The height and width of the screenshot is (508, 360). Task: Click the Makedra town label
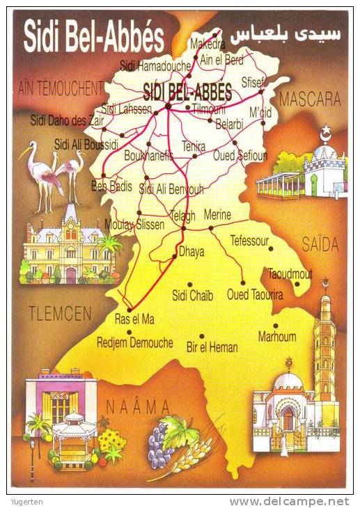(x=208, y=45)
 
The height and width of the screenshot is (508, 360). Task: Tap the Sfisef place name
(x=253, y=81)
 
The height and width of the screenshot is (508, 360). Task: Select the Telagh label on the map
(x=182, y=216)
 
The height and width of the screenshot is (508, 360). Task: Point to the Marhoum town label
(x=277, y=337)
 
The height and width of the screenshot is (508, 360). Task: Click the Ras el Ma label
(x=134, y=319)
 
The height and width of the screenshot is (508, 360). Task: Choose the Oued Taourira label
(x=255, y=295)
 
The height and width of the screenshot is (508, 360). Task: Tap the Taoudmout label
(x=290, y=273)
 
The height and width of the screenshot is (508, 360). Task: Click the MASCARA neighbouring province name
(x=310, y=100)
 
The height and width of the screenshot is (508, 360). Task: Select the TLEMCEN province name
(x=60, y=314)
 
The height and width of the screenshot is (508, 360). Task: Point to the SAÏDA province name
(x=320, y=244)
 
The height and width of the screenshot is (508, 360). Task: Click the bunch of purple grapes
(x=159, y=445)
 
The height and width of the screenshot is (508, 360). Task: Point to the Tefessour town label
(x=249, y=241)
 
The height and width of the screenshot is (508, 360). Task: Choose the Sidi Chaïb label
(x=192, y=295)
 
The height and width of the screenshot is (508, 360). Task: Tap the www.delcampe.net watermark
(x=289, y=501)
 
